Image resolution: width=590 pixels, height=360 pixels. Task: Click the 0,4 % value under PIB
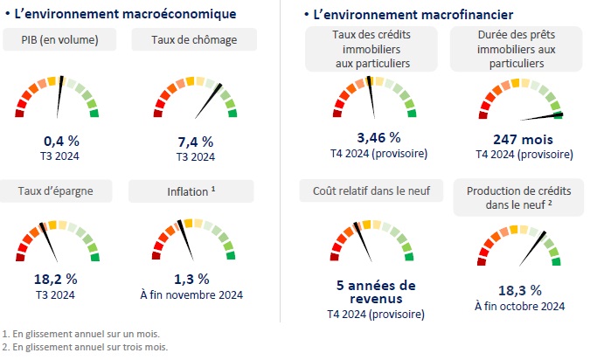coord(60,142)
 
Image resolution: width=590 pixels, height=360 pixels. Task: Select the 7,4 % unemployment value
coord(195,142)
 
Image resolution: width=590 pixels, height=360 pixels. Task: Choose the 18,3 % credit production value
coord(519,290)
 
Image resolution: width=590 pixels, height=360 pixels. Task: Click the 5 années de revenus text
coord(376,293)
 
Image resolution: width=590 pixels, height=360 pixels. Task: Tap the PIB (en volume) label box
coord(60,40)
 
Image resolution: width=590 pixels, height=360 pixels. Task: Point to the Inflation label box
coord(191,190)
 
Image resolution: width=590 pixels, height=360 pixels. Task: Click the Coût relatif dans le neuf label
coord(371,190)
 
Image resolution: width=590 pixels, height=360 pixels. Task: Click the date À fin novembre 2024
coord(191,294)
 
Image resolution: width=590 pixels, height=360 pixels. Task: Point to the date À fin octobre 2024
coord(519,306)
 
